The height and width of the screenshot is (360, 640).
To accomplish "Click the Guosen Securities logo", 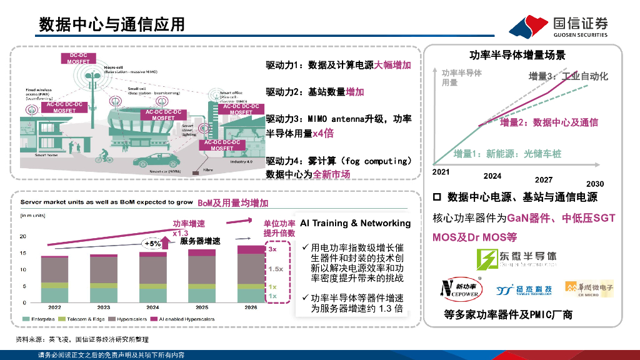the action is click(557, 27).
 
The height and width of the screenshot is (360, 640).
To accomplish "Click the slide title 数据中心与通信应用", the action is click(112, 24).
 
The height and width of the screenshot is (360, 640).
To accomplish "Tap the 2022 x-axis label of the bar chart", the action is click(54, 307).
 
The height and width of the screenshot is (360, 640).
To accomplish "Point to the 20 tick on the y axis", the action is click(23, 236).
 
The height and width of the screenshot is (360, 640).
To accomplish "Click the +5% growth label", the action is click(152, 243).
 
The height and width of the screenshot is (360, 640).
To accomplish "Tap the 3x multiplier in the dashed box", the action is click(272, 249).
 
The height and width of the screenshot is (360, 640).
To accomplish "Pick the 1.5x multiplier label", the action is click(276, 268).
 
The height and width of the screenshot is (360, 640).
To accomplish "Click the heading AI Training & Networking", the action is click(356, 223).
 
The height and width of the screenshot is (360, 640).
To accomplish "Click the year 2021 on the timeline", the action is click(441, 171).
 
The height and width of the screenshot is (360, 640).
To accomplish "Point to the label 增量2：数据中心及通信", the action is click(549, 122).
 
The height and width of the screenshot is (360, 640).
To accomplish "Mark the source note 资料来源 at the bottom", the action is click(82, 339).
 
